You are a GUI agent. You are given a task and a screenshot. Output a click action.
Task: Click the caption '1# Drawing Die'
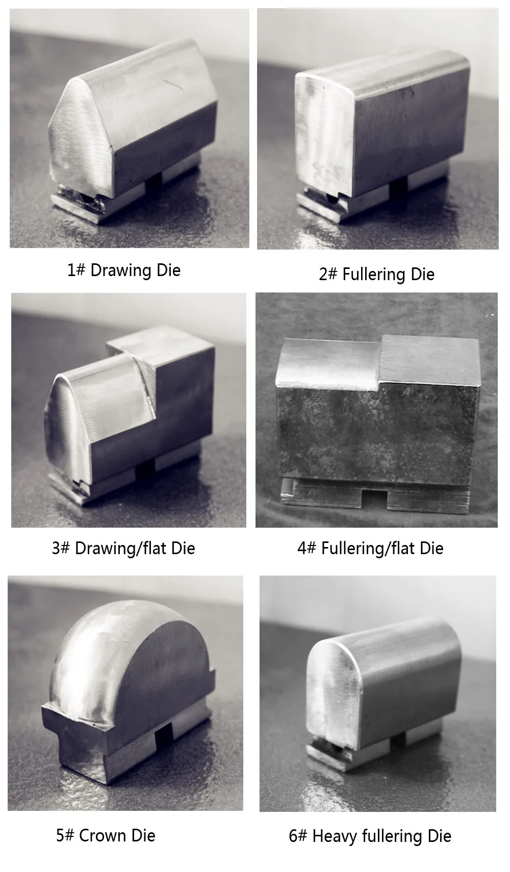[124, 270]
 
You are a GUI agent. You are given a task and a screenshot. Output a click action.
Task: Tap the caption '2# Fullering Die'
[376, 274]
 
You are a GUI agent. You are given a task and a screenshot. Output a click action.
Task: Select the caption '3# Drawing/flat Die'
[123, 548]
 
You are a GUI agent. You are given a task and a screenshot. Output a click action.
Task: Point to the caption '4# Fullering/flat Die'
[370, 548]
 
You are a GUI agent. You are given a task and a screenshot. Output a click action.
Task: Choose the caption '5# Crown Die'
[106, 835]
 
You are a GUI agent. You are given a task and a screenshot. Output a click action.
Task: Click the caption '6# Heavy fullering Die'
[370, 836]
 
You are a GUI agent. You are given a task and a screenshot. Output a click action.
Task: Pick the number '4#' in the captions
[307, 548]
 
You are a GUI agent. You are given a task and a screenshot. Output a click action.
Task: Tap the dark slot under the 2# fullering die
[398, 186]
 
